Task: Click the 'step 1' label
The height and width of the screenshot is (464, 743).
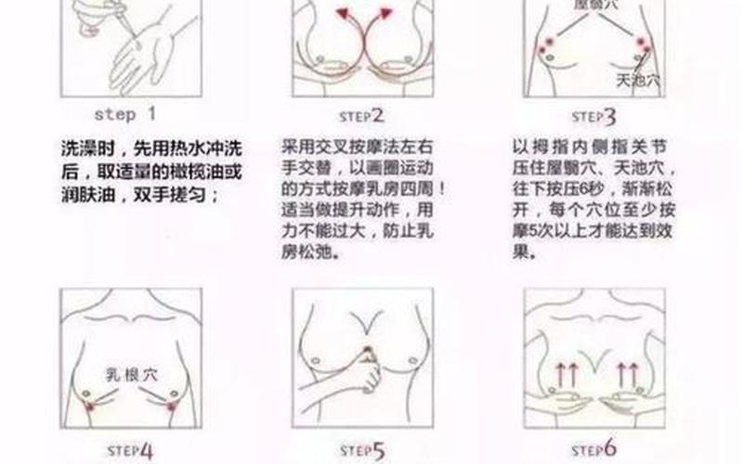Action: (127, 114)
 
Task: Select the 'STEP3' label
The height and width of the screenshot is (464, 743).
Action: (594, 116)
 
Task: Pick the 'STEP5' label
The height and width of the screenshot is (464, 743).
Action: (365, 452)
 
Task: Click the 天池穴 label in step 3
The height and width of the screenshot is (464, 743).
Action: (638, 80)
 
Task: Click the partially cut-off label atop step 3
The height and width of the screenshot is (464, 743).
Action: (594, 5)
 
